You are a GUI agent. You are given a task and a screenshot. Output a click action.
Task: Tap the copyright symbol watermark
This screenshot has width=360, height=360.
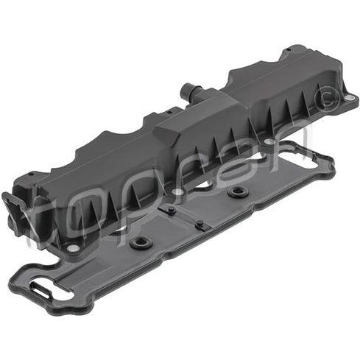click(x=328, y=99)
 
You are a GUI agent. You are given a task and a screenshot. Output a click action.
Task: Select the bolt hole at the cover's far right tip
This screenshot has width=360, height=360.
click(x=348, y=98)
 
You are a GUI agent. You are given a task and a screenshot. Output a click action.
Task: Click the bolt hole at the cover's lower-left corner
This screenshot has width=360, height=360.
click(x=73, y=249)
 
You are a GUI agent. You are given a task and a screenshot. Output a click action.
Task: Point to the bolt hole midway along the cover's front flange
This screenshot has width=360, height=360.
click(x=177, y=191)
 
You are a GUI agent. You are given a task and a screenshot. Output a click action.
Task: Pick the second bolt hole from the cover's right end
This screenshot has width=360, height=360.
click(x=269, y=141)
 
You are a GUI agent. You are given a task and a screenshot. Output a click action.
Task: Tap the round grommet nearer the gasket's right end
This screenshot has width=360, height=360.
click(x=237, y=191)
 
